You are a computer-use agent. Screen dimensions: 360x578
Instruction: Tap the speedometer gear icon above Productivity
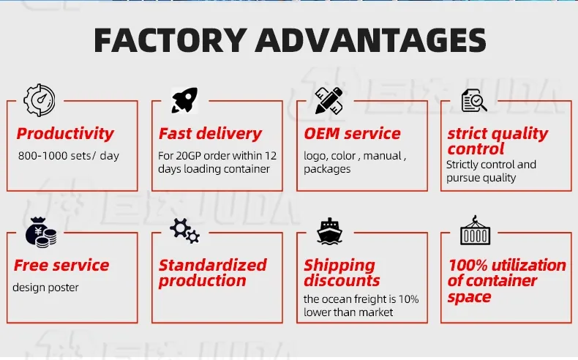40,100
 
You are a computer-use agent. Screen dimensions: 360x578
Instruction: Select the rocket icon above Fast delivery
184,100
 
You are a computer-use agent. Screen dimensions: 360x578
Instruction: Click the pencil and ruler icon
329,100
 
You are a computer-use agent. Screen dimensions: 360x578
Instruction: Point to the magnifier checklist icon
474,100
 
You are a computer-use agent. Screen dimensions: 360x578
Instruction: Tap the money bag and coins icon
40,232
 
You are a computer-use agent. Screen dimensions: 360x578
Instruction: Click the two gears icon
184,231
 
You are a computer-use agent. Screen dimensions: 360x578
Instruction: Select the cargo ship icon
329,231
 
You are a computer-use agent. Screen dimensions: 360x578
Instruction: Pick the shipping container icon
475,231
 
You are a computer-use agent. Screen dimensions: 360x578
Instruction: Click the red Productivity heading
65,134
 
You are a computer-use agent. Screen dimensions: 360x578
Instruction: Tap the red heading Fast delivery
210,134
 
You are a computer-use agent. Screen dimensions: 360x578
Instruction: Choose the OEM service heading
352,134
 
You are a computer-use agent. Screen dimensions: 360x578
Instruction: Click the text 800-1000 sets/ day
68,156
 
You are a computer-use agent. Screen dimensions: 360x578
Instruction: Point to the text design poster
45,288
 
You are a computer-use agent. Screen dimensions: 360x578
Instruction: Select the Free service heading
61,266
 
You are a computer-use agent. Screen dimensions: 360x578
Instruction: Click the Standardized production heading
212,273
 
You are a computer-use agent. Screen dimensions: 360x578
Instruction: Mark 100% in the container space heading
465,266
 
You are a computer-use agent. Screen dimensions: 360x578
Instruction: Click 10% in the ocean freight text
408,299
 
